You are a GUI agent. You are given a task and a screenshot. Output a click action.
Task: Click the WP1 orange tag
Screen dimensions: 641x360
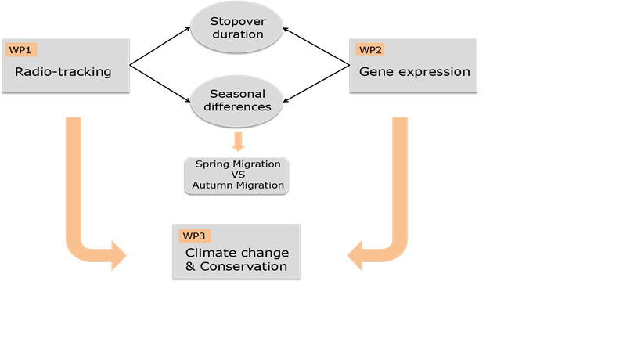21,50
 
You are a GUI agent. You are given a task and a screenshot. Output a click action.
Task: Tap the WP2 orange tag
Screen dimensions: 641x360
370,50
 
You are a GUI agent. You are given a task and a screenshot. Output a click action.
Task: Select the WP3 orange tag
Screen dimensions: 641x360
195,236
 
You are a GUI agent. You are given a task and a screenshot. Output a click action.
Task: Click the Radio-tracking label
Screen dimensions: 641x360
63,71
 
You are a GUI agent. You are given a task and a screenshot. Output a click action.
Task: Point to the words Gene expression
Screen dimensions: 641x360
415,72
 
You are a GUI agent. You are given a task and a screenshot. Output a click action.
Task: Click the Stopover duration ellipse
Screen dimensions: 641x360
237,27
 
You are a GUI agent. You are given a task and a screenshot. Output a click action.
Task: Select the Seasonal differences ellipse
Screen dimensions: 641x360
237,100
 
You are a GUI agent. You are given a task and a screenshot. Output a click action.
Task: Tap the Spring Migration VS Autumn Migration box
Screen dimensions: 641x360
237,175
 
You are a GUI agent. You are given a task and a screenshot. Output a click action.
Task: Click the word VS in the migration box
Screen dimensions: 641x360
238,175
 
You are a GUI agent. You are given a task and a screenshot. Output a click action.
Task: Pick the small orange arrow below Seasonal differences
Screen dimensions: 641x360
238,142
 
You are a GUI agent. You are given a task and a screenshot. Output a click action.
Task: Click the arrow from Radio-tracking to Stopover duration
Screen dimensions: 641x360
160,46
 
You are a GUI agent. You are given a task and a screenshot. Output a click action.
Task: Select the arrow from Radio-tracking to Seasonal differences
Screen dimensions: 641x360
160,84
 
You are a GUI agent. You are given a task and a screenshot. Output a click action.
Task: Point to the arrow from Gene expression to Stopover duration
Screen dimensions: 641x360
316,46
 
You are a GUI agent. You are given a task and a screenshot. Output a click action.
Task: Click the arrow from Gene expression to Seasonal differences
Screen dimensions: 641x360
316,84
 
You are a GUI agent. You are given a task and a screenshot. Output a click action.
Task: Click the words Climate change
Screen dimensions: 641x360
237,253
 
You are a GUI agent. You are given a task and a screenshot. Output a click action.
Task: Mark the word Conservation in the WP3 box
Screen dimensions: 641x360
243,266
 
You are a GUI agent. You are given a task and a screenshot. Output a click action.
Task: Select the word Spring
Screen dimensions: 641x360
212,164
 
